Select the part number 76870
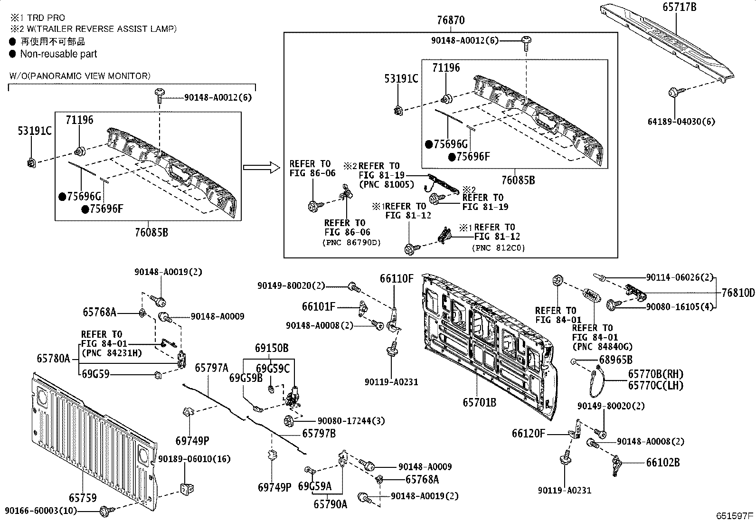pos(451,20)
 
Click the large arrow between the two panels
pos(260,167)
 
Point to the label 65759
pos(83,498)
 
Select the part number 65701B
pos(480,402)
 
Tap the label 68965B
pos(615,360)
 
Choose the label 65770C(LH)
pos(655,385)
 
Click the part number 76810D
pos(737,293)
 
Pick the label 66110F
pos(397,278)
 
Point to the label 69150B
pos(272,348)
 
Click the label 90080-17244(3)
pos(344,421)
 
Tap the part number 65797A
pos(212,368)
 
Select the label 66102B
pos(662,462)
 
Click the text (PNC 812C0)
pos(499,247)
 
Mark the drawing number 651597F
pos(735,516)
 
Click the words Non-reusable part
pos(58,54)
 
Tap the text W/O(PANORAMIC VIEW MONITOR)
pos(80,76)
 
